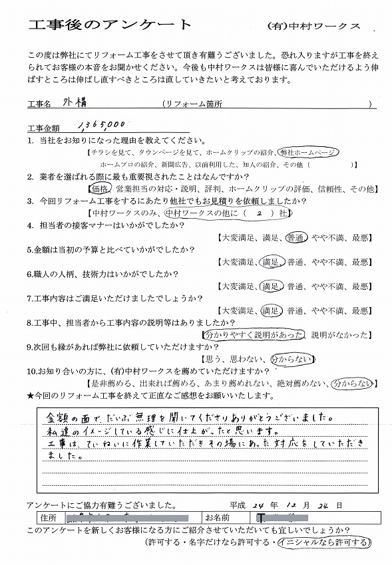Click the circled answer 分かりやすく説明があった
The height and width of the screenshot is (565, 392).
pos(256,334)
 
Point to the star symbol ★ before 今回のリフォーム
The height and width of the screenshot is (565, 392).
pos(31,396)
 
